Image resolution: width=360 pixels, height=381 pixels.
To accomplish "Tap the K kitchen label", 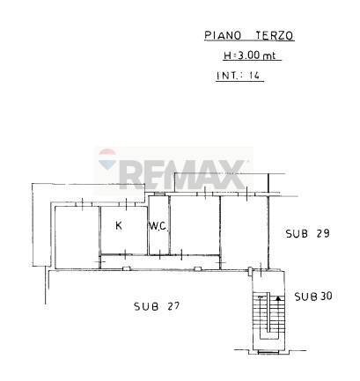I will [119, 225].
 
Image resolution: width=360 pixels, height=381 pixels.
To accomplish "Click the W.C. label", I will [158, 226].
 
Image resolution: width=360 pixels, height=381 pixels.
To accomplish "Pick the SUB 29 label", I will [306, 233].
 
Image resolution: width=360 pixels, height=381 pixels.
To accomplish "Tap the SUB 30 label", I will [312, 296].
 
